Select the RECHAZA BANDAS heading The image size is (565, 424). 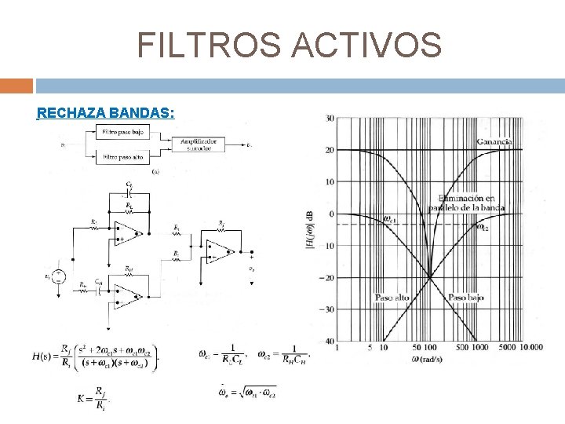point(106,112)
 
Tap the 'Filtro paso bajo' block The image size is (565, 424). point(123,132)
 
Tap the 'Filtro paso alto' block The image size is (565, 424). point(123,157)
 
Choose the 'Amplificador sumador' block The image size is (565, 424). point(198,144)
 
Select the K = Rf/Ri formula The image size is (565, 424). point(92,398)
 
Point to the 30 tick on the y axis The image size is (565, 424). point(330,119)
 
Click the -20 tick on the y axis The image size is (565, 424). point(328,277)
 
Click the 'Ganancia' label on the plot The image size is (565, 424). point(494,141)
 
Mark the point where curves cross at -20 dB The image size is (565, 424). point(430,277)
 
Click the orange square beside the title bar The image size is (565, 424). point(16,85)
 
